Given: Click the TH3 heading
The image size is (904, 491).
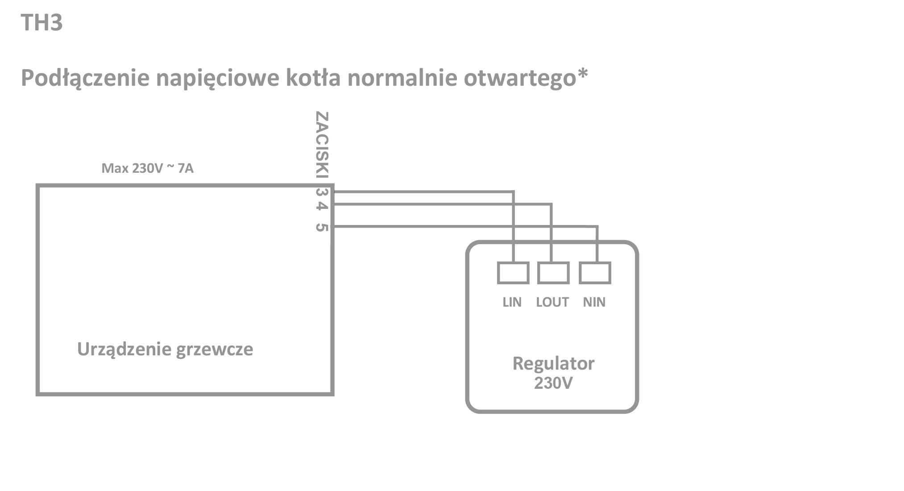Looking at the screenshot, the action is (41, 22).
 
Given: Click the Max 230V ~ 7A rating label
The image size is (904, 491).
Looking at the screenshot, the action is (147, 168).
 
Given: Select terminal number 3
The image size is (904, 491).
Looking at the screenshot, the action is (322, 192).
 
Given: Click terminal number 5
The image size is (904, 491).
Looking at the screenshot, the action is (322, 227).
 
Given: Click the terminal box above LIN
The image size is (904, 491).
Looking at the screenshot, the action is (513, 273).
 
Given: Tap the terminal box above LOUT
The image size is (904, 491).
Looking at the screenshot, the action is (553, 273).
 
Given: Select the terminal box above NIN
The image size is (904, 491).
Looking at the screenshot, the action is (595, 273).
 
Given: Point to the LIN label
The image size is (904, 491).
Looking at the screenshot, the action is (512, 302).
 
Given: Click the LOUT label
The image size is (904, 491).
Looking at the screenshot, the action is (552, 302).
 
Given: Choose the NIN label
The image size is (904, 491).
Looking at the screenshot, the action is (594, 302).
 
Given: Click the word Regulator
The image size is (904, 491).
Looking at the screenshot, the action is (553, 364).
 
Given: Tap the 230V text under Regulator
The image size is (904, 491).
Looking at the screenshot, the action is (553, 383).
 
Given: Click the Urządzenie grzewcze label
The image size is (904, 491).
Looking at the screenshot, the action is (165, 349).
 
